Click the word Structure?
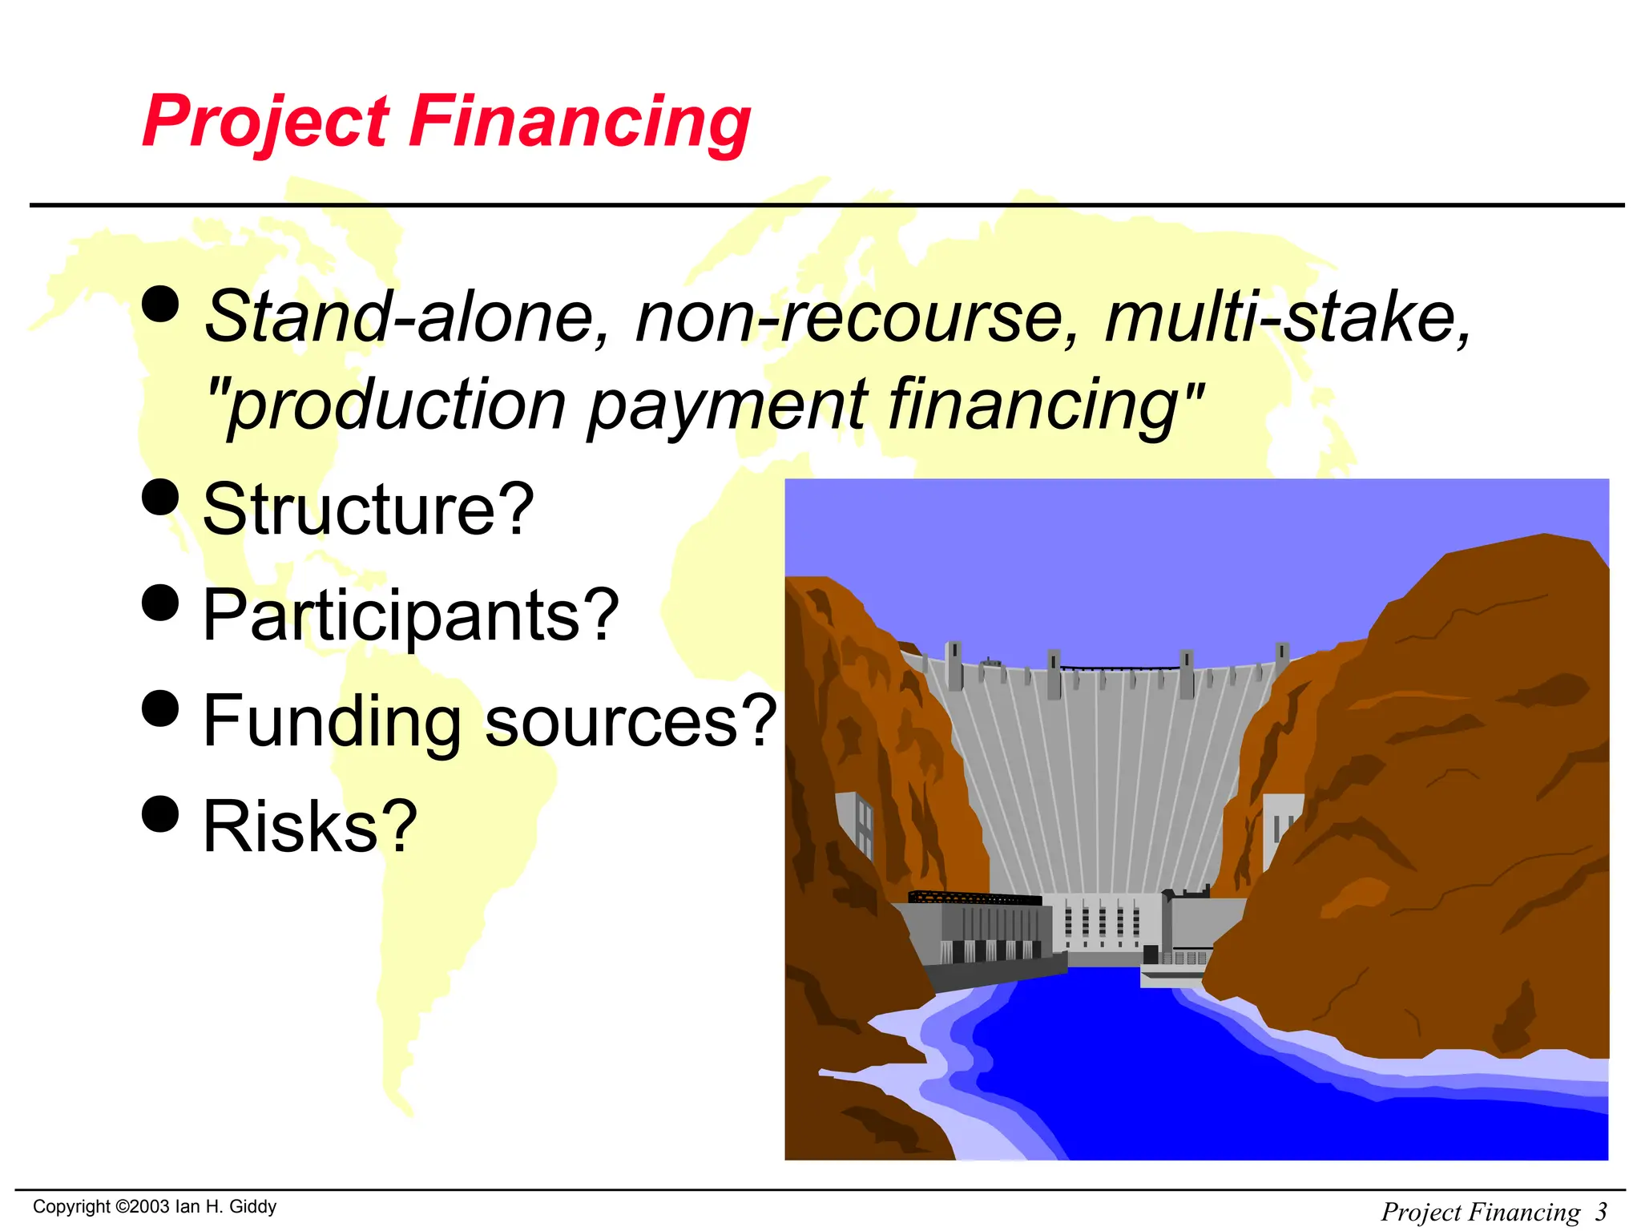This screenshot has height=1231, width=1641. [x=368, y=510]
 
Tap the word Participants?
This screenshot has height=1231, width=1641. [x=411, y=615]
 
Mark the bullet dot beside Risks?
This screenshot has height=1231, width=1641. [x=160, y=814]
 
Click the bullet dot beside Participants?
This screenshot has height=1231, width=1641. [x=160, y=603]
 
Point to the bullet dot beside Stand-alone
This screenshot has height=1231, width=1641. [x=160, y=305]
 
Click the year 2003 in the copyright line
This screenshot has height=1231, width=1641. [x=150, y=1207]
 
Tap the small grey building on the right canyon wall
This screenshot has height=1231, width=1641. [x=1280, y=829]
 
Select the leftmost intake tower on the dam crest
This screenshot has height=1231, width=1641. [x=954, y=665]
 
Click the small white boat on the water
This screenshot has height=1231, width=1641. [x=1170, y=977]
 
